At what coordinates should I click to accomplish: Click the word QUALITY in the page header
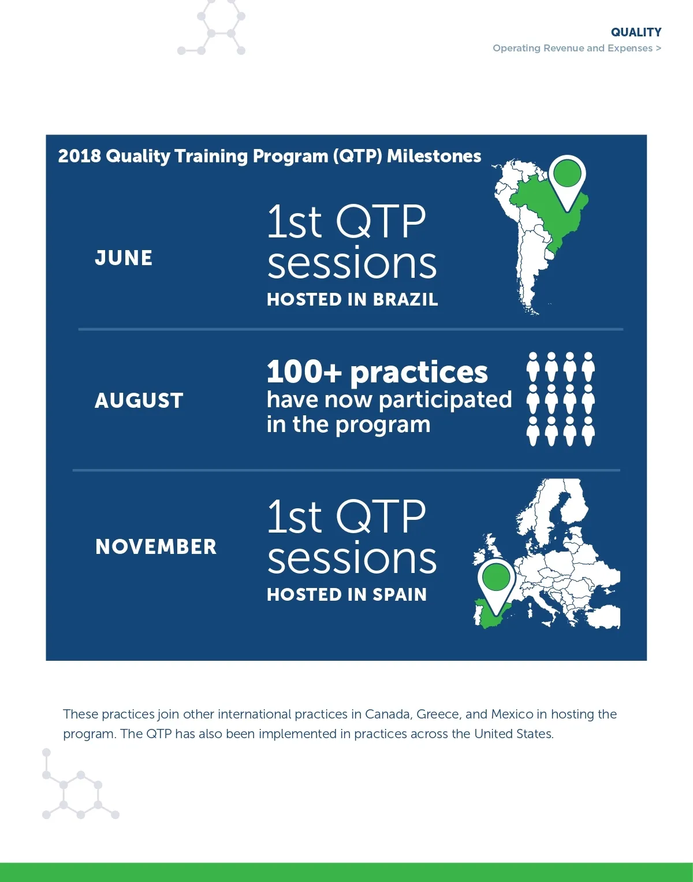coord(636,32)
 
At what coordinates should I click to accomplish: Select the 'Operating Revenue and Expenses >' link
coord(577,49)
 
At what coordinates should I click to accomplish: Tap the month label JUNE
coord(124,258)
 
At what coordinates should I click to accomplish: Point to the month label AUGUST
coord(139,401)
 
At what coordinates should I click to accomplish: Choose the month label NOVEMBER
coord(156,547)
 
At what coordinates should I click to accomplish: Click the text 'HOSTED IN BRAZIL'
coord(352,300)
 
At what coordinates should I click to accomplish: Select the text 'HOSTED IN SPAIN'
coord(347,594)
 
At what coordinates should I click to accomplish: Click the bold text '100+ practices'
coord(377,372)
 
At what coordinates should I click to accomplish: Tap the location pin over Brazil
coord(568,183)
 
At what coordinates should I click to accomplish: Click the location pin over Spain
coord(496,586)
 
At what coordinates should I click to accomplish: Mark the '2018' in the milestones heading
coord(79,157)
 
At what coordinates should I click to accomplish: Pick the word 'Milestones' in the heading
coord(434,157)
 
